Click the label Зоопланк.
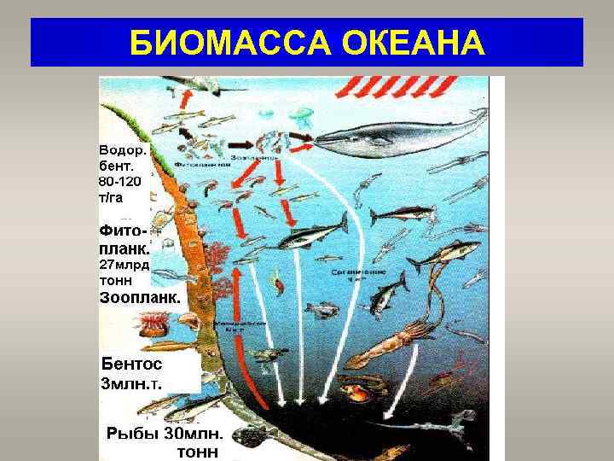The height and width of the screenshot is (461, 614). pos(140,299)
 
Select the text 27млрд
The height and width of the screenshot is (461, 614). pos(125,266)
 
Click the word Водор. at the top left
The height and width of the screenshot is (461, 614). pos(123,150)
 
